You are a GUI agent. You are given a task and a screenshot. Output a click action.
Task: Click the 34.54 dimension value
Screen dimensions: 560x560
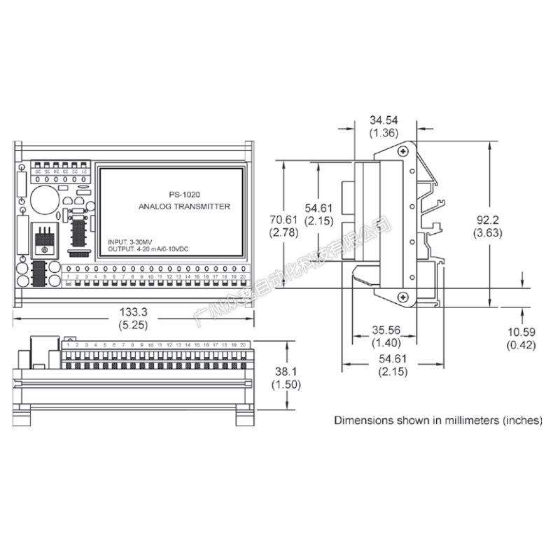click(384, 121)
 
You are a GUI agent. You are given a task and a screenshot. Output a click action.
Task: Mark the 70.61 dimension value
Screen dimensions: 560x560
click(284, 220)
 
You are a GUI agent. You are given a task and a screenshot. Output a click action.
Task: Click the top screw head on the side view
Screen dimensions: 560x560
click(404, 152)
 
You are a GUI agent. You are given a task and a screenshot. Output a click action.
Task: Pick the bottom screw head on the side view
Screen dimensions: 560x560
click(404, 297)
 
